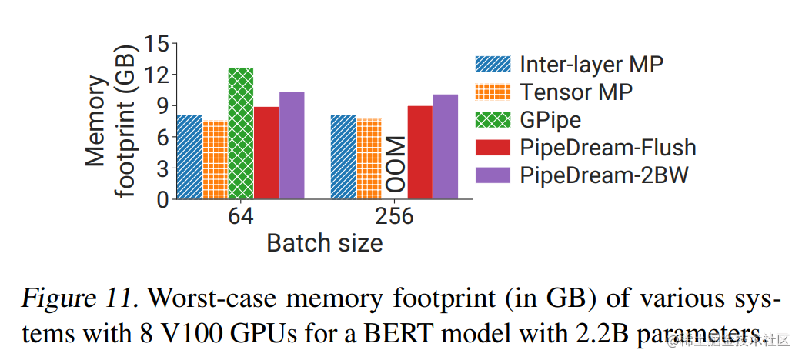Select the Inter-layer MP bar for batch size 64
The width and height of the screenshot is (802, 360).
point(189,157)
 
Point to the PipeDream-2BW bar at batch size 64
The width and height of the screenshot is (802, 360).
point(292,145)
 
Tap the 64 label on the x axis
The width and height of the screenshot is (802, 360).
point(240,217)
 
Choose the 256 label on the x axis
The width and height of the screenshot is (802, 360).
point(394,217)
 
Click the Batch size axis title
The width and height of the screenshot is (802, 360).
point(324,244)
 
